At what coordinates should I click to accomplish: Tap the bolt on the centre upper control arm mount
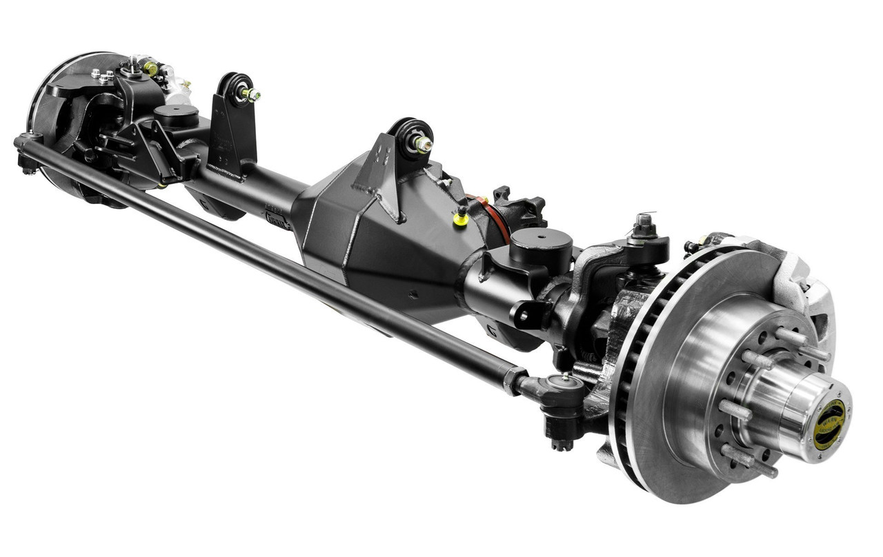coord(421,145)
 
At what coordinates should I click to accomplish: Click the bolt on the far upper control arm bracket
coord(250,94)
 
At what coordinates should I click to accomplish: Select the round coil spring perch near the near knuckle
coord(542,241)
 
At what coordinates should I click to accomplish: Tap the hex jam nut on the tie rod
coord(514,381)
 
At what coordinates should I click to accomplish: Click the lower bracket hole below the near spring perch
coord(523,316)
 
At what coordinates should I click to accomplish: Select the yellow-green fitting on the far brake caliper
coord(150,68)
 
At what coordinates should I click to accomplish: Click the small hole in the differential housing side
coord(414,294)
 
